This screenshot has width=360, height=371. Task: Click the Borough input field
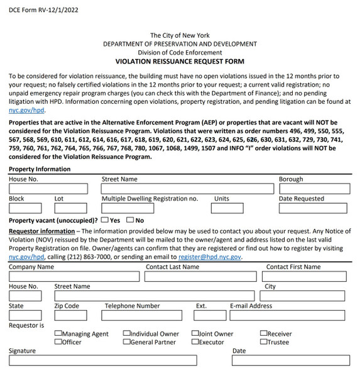[314, 188]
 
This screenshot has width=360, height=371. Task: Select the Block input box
[25, 208]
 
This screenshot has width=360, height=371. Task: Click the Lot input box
[70, 208]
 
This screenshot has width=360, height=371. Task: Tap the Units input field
[227, 208]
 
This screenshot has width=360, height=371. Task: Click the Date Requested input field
[314, 208]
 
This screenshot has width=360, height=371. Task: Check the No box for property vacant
[130, 220]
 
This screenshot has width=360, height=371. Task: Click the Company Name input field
[74, 276]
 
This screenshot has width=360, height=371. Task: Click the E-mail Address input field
[290, 315]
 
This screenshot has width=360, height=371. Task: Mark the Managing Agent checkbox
[58, 334]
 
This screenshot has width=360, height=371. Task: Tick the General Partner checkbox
[126, 342]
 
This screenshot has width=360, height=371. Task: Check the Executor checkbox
[195, 342]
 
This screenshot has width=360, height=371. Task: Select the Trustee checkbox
[264, 342]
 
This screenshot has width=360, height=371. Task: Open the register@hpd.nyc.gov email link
[209, 257]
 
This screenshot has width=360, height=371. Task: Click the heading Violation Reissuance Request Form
[180, 62]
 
